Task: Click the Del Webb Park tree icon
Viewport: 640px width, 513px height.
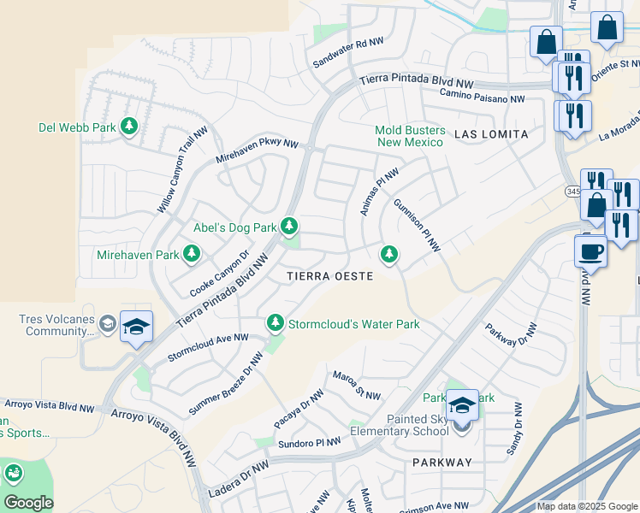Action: tap(129, 127)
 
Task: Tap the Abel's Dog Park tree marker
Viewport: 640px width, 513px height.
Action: tap(290, 227)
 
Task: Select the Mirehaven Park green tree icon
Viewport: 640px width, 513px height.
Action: tap(192, 254)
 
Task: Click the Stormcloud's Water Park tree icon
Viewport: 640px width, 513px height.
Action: tap(275, 323)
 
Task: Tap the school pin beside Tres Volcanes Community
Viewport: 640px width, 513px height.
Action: tap(136, 327)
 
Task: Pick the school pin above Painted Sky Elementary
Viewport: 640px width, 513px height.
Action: tap(462, 405)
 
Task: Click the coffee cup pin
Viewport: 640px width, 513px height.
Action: tap(590, 252)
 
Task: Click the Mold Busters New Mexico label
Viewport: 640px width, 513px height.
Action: tap(411, 136)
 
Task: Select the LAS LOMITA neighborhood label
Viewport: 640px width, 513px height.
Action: tap(491, 134)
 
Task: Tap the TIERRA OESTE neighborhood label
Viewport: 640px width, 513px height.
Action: tap(329, 276)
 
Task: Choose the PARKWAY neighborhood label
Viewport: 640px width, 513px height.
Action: tap(441, 463)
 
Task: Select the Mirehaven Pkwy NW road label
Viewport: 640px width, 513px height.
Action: tap(257, 152)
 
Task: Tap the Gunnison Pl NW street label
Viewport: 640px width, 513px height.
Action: tap(417, 226)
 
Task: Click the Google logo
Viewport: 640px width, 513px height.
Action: tap(27, 503)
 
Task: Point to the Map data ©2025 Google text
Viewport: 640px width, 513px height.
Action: tap(586, 506)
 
